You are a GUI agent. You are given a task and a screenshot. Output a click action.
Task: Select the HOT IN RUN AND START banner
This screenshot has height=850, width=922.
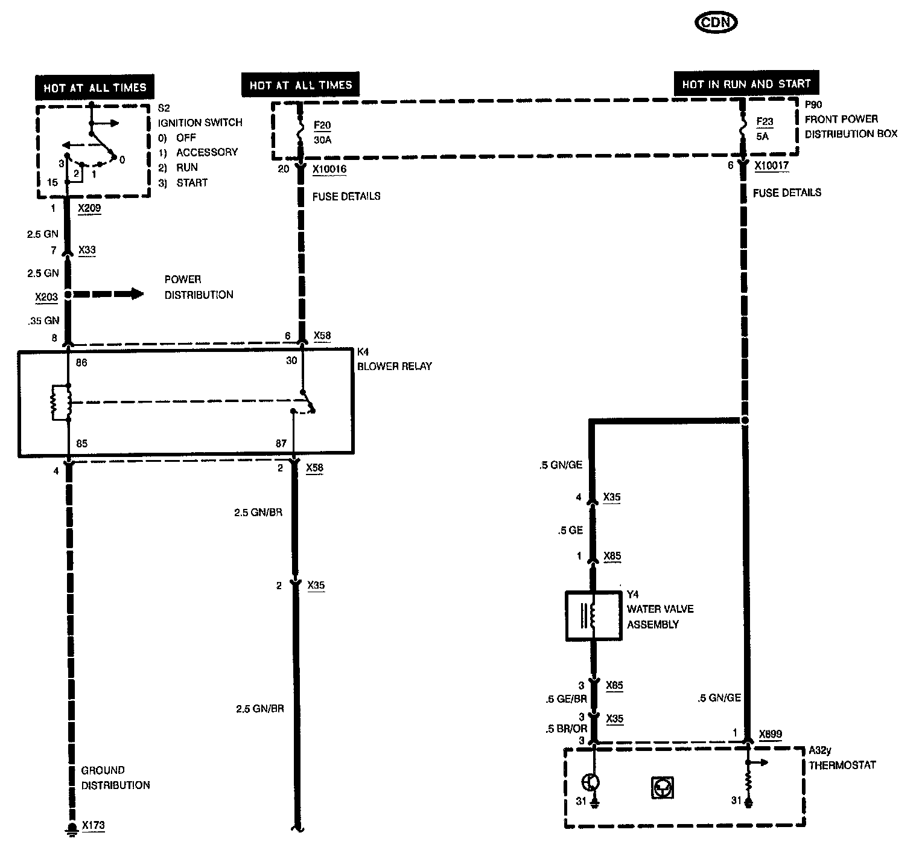[x=746, y=84]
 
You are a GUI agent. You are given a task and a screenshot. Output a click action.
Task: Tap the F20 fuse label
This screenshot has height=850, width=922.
[x=322, y=126]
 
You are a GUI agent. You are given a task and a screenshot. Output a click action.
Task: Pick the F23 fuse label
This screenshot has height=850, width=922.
[x=765, y=121]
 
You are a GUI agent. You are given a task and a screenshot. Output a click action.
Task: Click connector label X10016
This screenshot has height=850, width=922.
[x=329, y=169]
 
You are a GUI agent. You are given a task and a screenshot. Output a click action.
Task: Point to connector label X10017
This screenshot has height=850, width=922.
[x=771, y=165]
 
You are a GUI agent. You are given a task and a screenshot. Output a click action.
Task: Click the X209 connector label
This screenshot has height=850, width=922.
[x=89, y=208]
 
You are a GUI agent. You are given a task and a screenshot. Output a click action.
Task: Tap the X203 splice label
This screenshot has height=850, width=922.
[x=46, y=297]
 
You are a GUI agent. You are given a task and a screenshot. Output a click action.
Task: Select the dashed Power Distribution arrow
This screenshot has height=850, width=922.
[x=109, y=294]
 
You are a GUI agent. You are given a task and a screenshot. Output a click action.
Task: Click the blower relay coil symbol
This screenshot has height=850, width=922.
[x=61, y=403]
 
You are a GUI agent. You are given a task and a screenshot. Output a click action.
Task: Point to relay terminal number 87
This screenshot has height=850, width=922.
[x=281, y=443]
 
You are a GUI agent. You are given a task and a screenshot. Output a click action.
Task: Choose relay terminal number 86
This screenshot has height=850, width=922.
[x=81, y=362]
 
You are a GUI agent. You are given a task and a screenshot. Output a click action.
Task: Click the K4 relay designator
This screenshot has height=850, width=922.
[x=363, y=351]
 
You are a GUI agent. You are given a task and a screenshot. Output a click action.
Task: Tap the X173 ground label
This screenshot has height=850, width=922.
[x=93, y=825]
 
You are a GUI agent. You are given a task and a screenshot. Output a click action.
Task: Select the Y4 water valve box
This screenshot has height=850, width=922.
[x=593, y=615]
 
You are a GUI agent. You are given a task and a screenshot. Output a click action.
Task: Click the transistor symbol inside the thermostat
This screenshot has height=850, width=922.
[x=591, y=782]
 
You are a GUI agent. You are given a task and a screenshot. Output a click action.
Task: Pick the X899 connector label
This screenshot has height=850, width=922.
[x=770, y=734]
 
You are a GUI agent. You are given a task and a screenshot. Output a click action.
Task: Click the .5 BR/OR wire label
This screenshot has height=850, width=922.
[x=565, y=729]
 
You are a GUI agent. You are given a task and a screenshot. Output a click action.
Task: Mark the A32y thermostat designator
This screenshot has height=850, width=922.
[x=820, y=750]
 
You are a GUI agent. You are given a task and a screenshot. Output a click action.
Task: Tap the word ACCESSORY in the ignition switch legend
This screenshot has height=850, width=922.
[x=207, y=152]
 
